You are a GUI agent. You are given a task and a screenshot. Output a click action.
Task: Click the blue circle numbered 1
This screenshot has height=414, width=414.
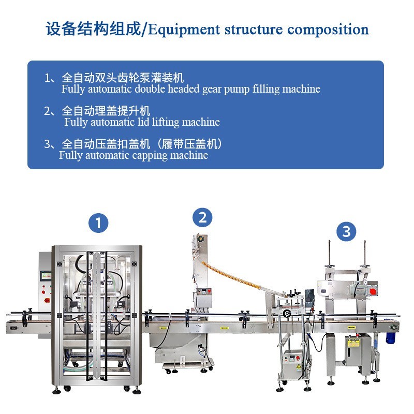point(98,223)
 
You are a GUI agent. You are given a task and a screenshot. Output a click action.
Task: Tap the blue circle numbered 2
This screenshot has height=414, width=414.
point(202,217)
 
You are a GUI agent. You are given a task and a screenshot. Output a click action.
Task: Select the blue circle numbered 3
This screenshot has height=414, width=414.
point(346,231)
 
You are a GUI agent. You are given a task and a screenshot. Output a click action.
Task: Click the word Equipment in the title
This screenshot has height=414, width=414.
point(184,29)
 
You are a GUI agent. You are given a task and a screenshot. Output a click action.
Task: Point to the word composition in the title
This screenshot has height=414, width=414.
point(328,29)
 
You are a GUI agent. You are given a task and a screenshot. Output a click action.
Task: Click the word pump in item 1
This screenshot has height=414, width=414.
point(236,90)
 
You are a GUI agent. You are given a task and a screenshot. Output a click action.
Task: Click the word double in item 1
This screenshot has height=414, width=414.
point(150,88)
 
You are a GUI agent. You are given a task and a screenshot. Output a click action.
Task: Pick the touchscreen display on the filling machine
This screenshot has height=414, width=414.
point(46,275)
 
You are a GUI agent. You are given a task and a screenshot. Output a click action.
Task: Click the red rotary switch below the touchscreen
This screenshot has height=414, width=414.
point(47,300)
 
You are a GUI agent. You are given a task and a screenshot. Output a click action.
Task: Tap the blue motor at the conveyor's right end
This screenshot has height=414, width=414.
point(390,338)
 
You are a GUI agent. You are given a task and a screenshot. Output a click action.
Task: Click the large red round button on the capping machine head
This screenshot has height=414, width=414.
point(373,292)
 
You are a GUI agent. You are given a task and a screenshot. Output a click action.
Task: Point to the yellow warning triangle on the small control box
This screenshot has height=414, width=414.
point(299,366)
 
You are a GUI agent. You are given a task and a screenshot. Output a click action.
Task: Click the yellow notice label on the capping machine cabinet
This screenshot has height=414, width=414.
point(353,343)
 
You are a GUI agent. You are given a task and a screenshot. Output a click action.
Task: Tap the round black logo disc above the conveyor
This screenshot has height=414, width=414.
point(287,314)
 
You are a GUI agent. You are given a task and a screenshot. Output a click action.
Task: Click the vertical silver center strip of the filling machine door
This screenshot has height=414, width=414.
point(97,316)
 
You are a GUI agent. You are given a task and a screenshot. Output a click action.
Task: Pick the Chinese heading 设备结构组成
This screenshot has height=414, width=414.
point(93,28)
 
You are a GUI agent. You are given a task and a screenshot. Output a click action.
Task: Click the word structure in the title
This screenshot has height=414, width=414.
point(254,29)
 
